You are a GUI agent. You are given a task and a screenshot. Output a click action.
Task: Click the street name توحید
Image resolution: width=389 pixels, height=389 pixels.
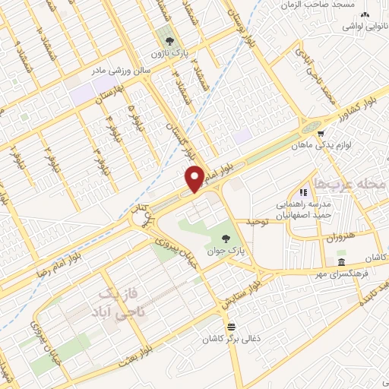click(258, 222)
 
